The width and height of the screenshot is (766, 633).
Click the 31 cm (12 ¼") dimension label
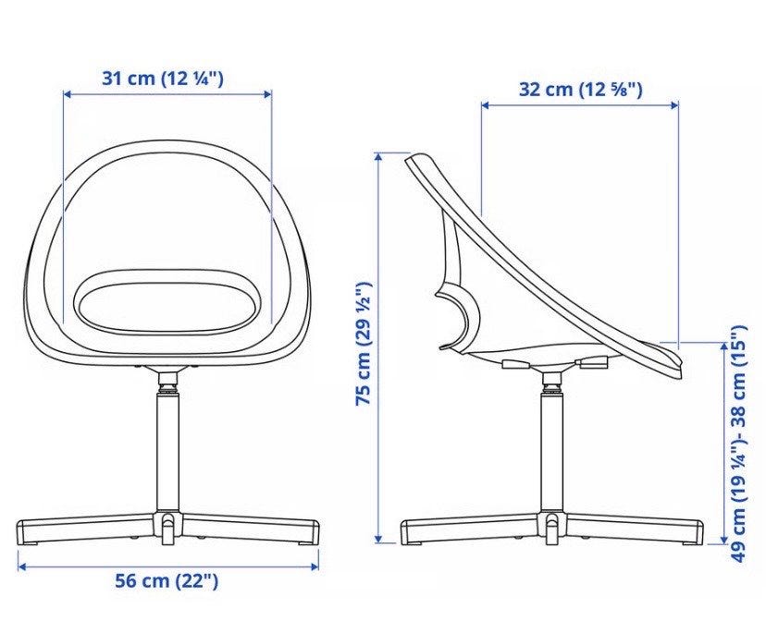tap(163, 79)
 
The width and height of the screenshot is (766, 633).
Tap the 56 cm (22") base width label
tap(167, 580)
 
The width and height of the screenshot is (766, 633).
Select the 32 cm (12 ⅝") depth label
tap(580, 90)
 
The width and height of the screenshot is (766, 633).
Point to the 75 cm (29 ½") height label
tap(364, 344)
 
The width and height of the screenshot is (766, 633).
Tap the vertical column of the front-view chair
tap(167, 450)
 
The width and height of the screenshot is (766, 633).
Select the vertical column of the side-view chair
tap(552, 450)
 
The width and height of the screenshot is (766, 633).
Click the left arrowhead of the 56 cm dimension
tap(21, 566)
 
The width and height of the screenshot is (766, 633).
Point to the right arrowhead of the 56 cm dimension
tap(315, 566)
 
